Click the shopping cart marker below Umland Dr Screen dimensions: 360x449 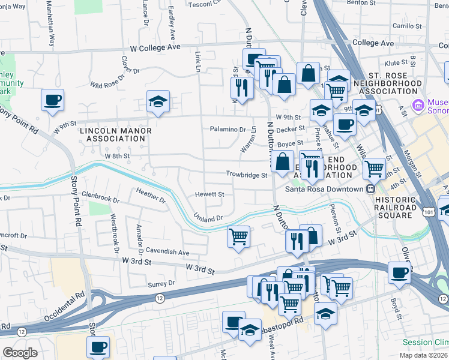pos(239,236)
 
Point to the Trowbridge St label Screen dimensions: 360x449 pos(246,175)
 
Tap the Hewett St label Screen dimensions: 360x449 pos(209,194)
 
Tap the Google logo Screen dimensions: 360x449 pos(20,353)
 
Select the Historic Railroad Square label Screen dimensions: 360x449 pos(396,204)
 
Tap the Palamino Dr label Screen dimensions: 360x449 pos(228,129)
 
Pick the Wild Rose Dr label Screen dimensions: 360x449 pos(115,75)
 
